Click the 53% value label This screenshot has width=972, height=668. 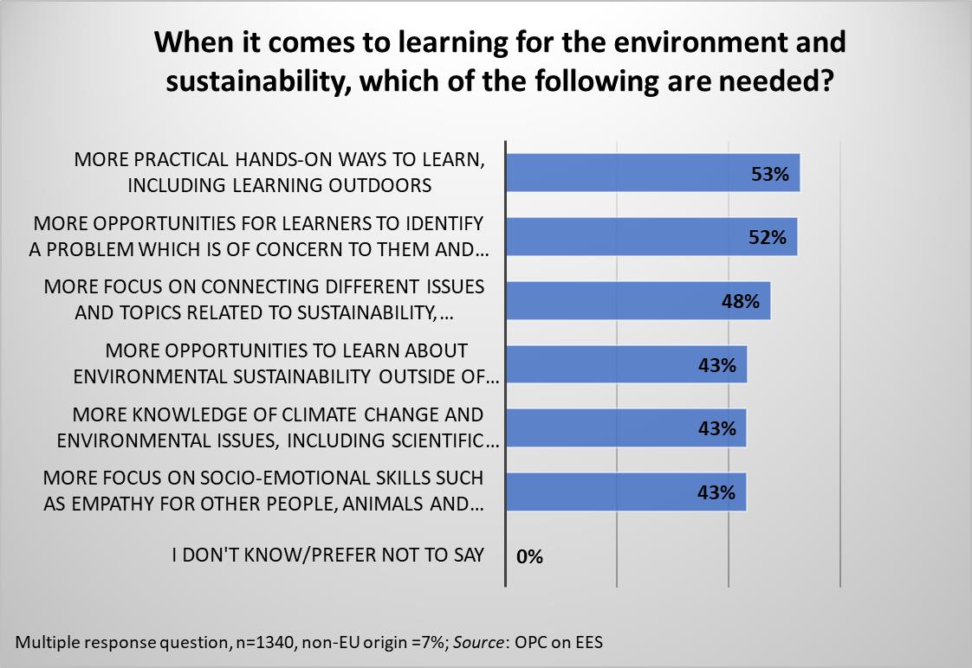tap(770, 174)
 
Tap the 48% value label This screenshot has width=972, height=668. tap(742, 302)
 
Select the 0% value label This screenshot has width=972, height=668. tap(529, 556)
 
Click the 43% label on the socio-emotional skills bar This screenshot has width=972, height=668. tap(717, 493)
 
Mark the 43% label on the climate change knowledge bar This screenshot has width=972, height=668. tap(717, 429)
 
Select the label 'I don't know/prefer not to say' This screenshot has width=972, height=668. tap(327, 555)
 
